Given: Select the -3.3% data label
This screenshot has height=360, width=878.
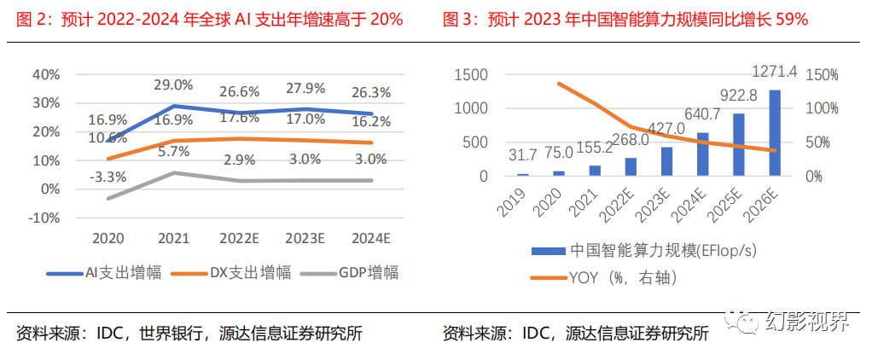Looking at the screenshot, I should (108, 177).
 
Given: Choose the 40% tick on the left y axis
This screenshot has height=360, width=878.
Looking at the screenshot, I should (45, 74).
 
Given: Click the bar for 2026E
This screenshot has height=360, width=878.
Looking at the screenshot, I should (774, 132).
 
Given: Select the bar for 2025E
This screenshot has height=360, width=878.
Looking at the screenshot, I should (738, 144).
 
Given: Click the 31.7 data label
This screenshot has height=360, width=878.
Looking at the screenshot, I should (522, 155).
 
